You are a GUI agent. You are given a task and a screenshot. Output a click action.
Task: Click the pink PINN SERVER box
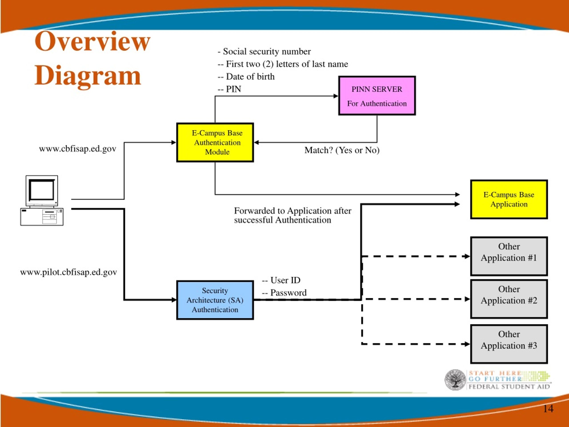tap(377, 96)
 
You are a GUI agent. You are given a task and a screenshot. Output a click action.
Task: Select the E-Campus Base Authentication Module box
tap(215, 142)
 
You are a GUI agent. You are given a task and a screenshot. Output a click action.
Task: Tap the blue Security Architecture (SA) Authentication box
tap(215, 300)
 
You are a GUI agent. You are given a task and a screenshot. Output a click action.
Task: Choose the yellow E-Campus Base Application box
tap(509, 199)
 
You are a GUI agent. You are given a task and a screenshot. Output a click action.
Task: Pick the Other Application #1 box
tap(509, 256)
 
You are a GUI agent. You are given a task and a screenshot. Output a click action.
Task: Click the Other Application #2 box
tap(509, 299)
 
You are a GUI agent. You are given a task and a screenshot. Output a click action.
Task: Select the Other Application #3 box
tap(509, 344)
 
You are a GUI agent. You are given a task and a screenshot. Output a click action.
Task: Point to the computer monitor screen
tap(42, 190)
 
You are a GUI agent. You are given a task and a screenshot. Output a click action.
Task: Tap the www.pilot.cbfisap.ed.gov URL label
tap(68, 272)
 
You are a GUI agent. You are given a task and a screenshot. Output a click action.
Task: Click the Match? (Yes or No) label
tap(342, 150)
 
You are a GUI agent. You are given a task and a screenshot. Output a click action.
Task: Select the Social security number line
tap(264, 51)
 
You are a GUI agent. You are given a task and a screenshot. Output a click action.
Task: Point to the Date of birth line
tap(246, 77)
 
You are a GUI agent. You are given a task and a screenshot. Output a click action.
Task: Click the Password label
tap(284, 293)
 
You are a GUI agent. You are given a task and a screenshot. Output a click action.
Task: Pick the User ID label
tap(281, 280)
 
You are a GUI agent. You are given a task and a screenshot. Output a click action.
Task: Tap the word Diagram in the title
tap(88, 76)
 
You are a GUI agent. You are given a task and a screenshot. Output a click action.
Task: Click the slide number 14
tap(548, 409)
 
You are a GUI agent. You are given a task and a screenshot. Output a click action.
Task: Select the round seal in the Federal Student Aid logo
tap(455, 379)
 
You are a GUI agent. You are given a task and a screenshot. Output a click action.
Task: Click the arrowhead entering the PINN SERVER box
tap(336, 96)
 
